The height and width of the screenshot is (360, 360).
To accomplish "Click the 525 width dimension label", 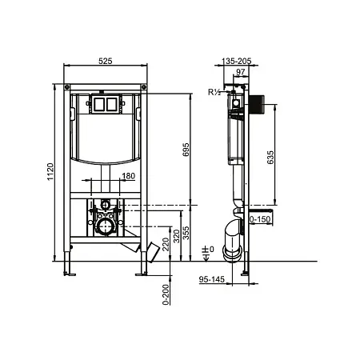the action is coord(106,61).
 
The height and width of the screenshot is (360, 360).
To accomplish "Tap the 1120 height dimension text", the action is coord(50,172).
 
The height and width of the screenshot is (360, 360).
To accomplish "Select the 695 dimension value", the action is coord(186,150).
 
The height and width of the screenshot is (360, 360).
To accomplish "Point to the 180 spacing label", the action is coord(129,176).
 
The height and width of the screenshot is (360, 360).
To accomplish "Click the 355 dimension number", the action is coord(186,233).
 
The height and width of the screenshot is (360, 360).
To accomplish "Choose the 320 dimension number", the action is coord(177,236).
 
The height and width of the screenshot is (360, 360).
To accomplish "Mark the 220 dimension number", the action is coord(166,244).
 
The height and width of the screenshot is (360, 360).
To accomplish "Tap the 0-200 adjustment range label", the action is coord(166,294).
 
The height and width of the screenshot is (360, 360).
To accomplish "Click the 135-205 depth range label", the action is coord(237,61).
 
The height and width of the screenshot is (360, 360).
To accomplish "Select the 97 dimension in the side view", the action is coord(241,72).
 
